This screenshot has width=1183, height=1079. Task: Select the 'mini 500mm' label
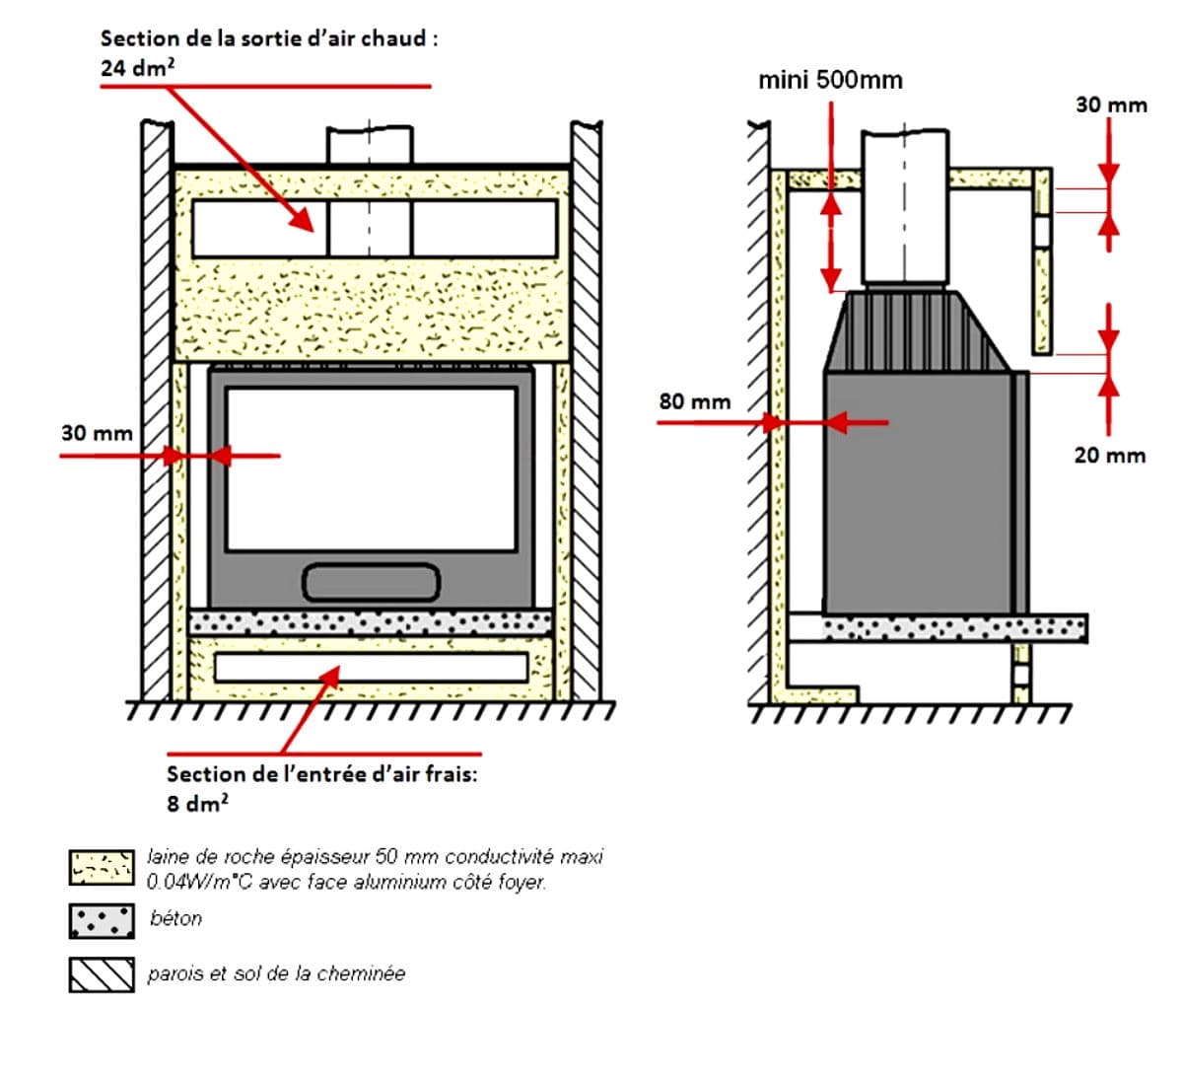(x=830, y=80)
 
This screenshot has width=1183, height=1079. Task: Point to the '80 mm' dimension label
(x=695, y=401)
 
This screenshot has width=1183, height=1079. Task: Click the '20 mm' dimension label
(x=1110, y=455)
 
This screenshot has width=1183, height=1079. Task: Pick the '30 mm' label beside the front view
(x=97, y=433)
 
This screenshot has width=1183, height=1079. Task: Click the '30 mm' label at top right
(x=1111, y=105)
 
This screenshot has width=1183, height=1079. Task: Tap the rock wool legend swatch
(x=102, y=867)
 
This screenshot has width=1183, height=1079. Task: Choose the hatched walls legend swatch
(x=102, y=974)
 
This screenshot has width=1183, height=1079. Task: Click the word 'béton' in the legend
(x=176, y=918)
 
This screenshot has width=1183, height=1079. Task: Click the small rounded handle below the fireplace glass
(x=371, y=582)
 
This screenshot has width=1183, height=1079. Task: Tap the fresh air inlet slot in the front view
(x=371, y=667)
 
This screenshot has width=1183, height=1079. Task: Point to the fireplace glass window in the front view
(x=371, y=468)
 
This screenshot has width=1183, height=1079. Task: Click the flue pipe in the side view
(x=905, y=207)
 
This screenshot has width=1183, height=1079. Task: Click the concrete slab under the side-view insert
(x=954, y=627)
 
